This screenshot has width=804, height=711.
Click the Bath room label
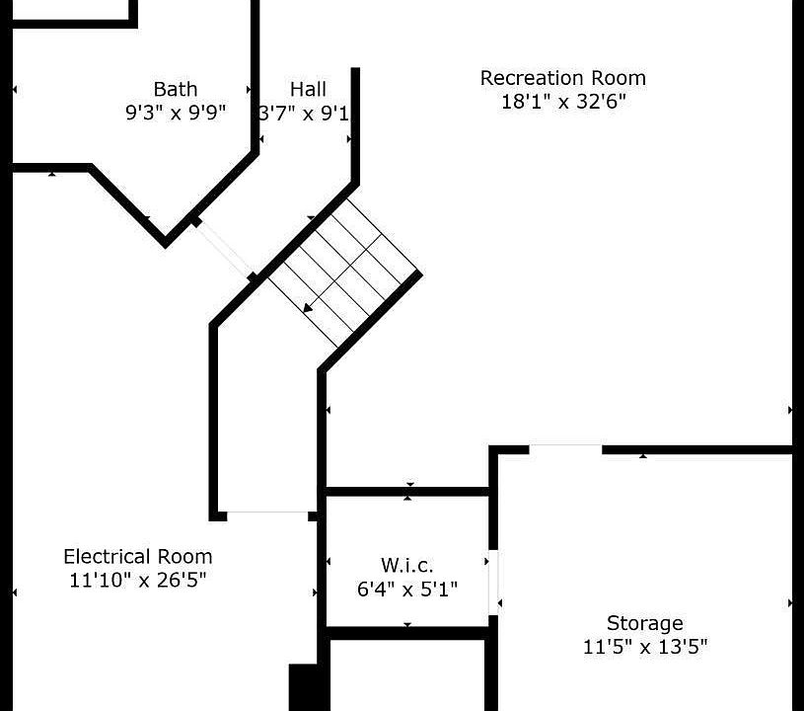[176, 89]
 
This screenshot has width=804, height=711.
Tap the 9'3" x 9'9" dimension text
[176, 112]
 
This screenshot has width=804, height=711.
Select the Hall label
[308, 89]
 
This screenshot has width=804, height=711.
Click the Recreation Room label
[563, 78]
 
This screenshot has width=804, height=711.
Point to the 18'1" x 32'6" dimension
[563, 101]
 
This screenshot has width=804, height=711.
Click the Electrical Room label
[137, 557]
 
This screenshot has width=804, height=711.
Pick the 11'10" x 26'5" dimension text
[137, 580]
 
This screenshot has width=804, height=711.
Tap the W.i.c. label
[407, 565]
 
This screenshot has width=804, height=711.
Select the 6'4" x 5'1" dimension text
[407, 589]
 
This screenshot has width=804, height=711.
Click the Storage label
[645, 623]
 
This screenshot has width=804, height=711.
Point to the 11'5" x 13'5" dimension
[645, 646]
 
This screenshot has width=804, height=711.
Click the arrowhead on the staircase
[308, 307]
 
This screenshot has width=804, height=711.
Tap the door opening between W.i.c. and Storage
[492, 583]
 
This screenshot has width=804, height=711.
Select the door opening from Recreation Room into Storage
[565, 449]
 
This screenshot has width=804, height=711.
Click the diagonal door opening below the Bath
[224, 250]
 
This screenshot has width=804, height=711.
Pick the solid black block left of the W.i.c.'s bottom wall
[306, 687]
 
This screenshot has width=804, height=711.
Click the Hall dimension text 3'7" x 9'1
[304, 113]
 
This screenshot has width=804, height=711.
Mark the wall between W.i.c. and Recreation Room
[407, 492]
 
